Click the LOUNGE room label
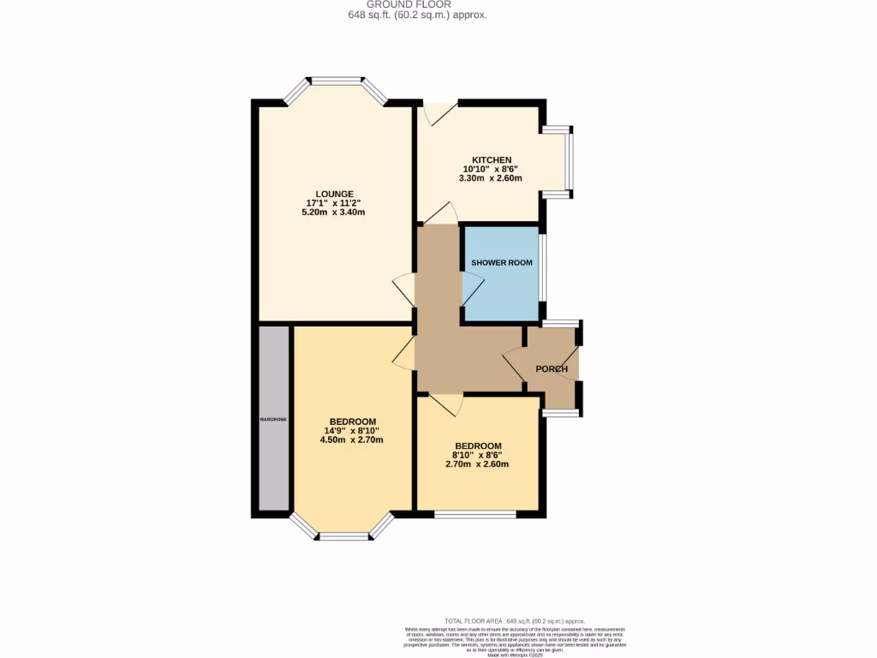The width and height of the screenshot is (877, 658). pyautogui.click(x=333, y=194)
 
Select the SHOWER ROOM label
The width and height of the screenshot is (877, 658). pyautogui.click(x=501, y=262)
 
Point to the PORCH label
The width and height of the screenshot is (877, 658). pyautogui.click(x=552, y=369)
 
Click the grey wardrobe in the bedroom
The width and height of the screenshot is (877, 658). pyautogui.click(x=274, y=419)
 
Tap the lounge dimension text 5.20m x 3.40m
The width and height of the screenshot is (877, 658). pyautogui.click(x=333, y=212)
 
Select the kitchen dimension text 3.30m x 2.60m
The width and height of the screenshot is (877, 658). pyautogui.click(x=490, y=178)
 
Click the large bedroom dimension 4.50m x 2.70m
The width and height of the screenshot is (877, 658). pyautogui.click(x=352, y=440)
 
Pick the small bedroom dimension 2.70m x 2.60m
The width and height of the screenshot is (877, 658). pyautogui.click(x=477, y=464)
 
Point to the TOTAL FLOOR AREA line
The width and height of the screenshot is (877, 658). pyautogui.click(x=514, y=621)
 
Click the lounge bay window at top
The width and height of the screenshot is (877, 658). pyautogui.click(x=335, y=83)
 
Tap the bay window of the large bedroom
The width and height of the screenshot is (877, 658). pyautogui.click(x=343, y=535)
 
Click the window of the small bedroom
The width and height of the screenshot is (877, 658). pyautogui.click(x=474, y=514)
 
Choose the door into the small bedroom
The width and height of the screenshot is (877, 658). pyautogui.click(x=446, y=403)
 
